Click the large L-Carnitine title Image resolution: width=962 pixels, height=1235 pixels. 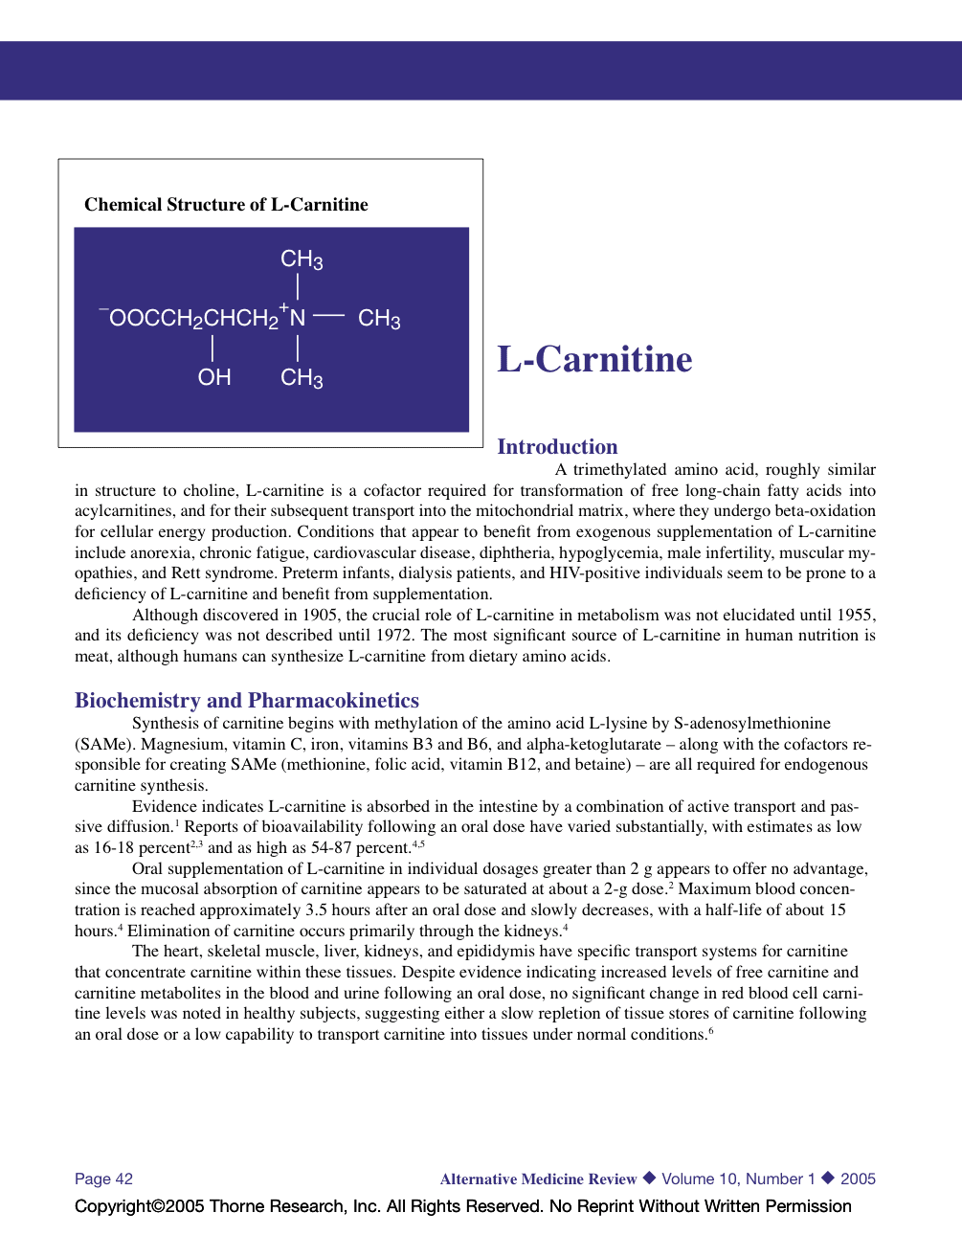[594, 359]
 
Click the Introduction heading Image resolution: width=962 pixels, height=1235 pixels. [557, 446]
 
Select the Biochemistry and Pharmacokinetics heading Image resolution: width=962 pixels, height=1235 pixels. [247, 700]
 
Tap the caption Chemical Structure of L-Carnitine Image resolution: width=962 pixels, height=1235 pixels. [226, 204]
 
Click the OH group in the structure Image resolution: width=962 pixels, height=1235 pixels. [214, 377]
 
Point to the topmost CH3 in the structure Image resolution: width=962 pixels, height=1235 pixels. [302, 259]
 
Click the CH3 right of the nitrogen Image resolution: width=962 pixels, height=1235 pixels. [379, 319]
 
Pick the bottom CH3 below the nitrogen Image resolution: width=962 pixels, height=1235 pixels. [302, 378]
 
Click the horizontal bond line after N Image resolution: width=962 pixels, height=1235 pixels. [328, 315]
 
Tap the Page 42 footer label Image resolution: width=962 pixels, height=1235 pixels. [103, 1179]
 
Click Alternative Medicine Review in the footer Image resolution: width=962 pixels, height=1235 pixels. [538, 1179]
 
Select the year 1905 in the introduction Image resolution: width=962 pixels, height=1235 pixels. [320, 615]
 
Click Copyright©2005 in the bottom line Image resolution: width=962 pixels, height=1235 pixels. [140, 1206]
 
